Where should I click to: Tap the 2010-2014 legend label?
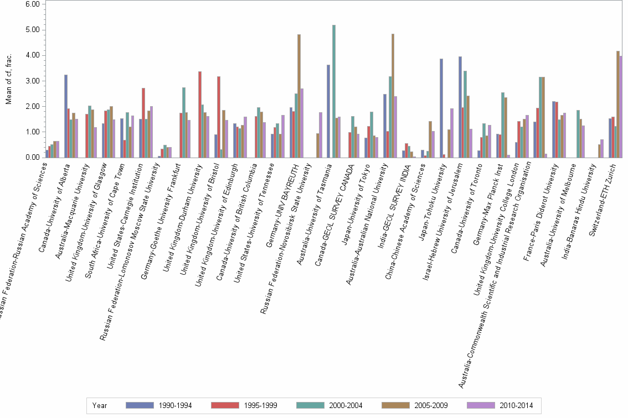click(516, 405)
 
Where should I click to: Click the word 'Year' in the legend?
click(100, 405)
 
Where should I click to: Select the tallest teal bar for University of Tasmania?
click(334, 91)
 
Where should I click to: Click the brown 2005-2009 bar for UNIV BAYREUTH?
click(299, 96)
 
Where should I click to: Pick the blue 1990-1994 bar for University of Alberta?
click(66, 116)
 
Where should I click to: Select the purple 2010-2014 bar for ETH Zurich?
click(621, 107)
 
